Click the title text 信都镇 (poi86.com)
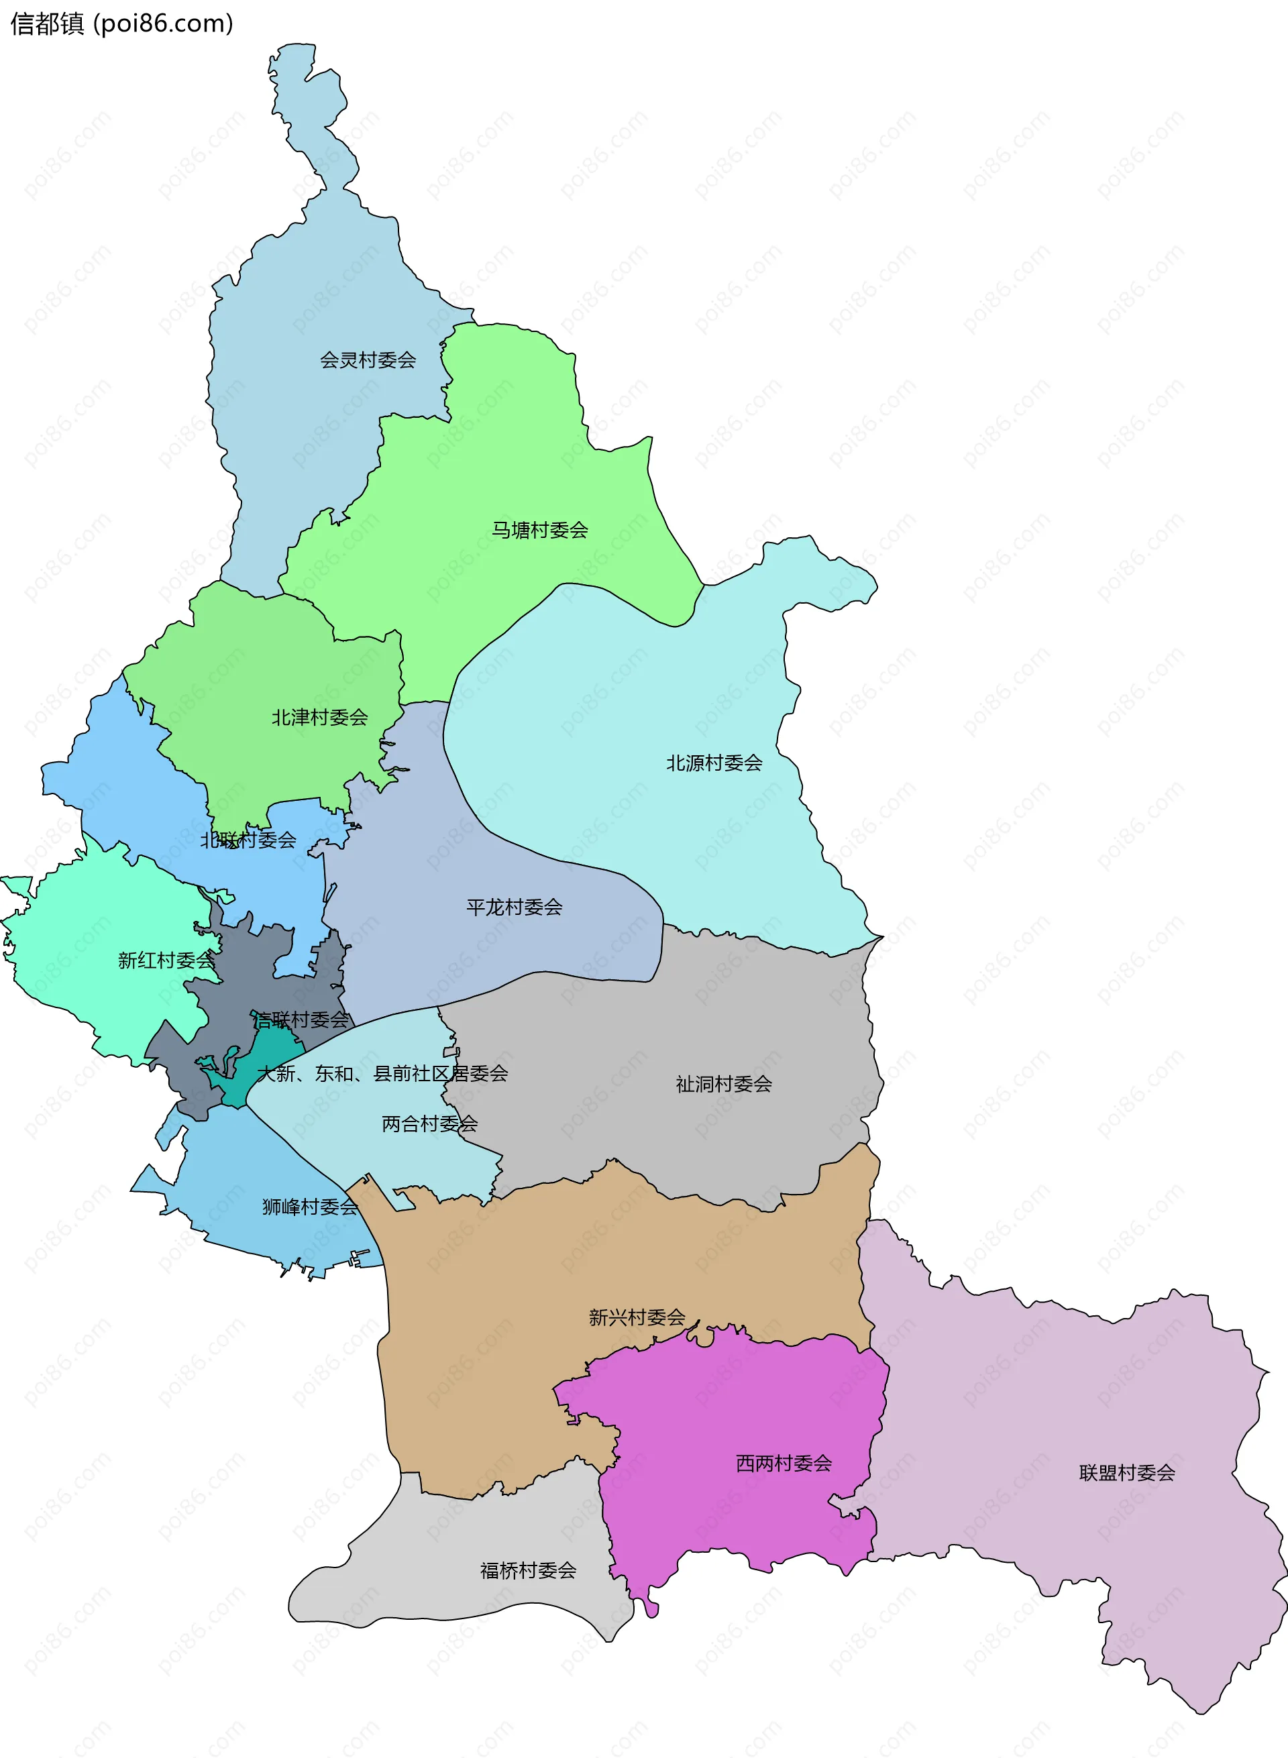pyautogui.click(x=121, y=24)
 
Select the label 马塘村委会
pyautogui.click(x=539, y=530)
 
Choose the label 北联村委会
pyautogui.click(x=248, y=840)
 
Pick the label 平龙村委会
pyautogui.click(x=514, y=908)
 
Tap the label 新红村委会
pyautogui.click(x=165, y=960)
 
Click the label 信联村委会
pyautogui.click(x=301, y=1020)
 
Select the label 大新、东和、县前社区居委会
pyautogui.click(x=382, y=1073)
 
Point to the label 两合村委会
pyautogui.click(x=429, y=1124)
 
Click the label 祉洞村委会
pyautogui.click(x=724, y=1085)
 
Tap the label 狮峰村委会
pyautogui.click(x=309, y=1207)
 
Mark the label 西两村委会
pyautogui.click(x=784, y=1464)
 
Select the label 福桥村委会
pyautogui.click(x=528, y=1570)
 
